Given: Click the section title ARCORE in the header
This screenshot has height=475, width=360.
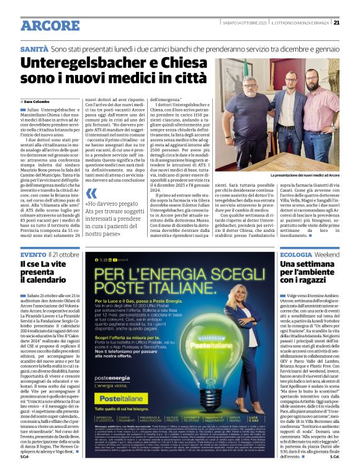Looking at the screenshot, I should click(x=46, y=25).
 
